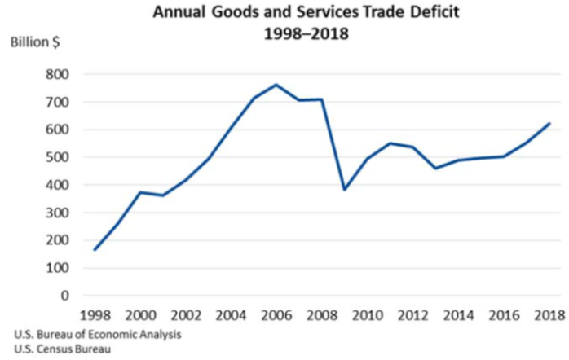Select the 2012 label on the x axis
411,315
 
